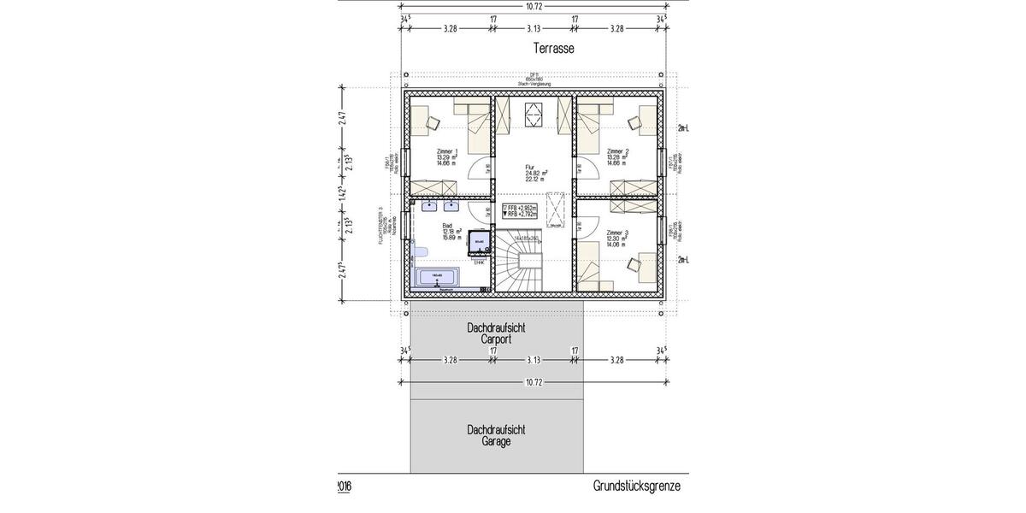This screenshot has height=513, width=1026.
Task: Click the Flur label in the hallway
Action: click(535, 172)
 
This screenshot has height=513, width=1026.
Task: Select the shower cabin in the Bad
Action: click(479, 244)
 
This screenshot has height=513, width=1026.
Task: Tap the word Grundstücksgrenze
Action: click(637, 486)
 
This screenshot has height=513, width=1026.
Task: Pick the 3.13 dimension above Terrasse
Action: click(534, 29)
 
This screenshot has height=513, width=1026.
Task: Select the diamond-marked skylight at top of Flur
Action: click(534, 114)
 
